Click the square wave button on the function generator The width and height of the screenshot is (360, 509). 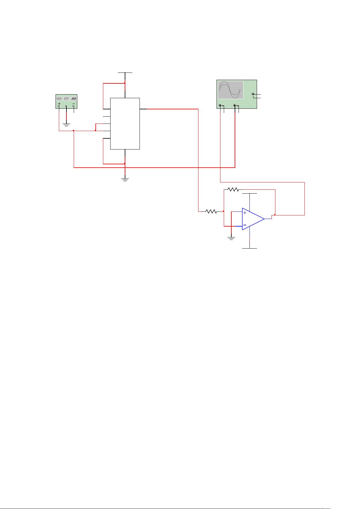(x=74, y=98)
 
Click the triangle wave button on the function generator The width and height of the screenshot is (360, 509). (x=66, y=98)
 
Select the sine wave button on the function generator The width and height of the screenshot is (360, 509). (x=59, y=98)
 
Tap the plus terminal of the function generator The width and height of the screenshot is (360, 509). (x=59, y=106)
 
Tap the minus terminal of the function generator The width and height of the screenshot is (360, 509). (x=74, y=106)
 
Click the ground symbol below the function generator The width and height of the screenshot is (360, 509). (x=66, y=124)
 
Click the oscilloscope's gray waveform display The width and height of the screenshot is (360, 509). (x=231, y=90)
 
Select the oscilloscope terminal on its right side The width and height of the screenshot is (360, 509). (x=253, y=94)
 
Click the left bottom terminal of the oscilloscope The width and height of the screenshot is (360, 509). (x=220, y=106)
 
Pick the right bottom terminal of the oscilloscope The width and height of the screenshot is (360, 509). (x=235, y=106)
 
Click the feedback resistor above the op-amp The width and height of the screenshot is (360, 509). (x=233, y=189)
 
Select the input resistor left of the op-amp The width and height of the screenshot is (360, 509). (x=211, y=211)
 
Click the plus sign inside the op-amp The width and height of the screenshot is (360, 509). (x=245, y=213)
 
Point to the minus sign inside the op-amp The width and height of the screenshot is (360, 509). (x=245, y=225)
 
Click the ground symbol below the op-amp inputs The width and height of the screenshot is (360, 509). (x=231, y=239)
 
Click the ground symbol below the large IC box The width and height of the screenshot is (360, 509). (x=125, y=179)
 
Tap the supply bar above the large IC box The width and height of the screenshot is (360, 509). (x=125, y=73)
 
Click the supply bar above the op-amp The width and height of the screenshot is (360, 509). (x=250, y=193)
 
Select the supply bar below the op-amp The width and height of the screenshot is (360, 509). (x=250, y=248)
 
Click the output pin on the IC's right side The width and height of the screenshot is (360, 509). (x=143, y=109)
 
